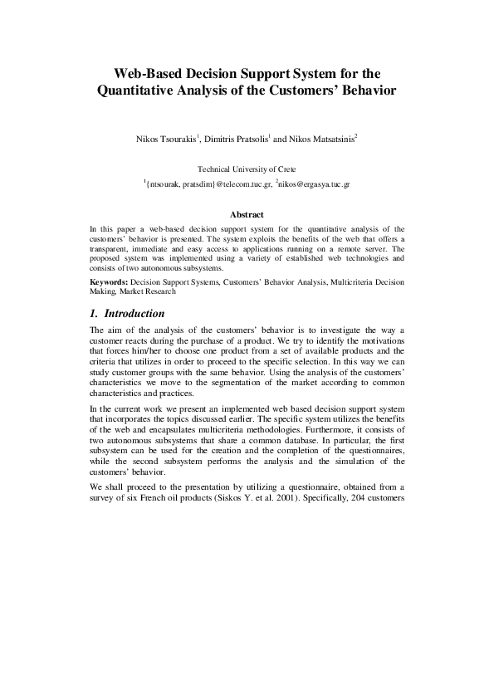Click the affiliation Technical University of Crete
[247, 169]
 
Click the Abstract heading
[247, 213]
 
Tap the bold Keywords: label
[109, 282]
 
